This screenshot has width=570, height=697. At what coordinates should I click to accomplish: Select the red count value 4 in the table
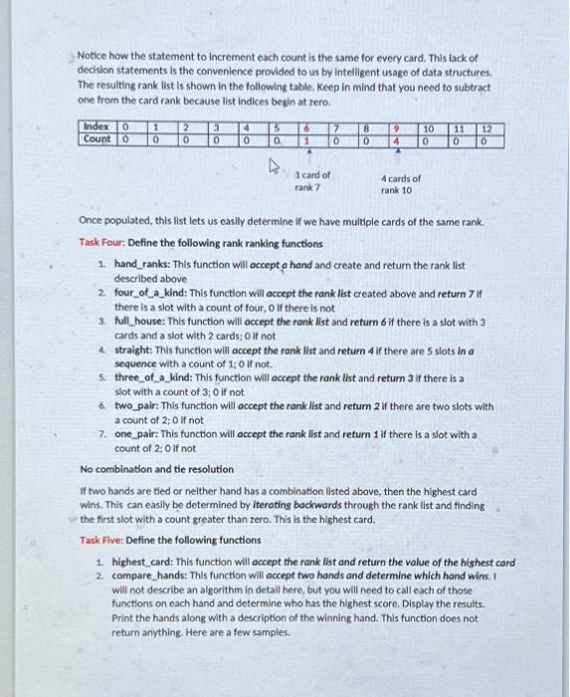(396, 140)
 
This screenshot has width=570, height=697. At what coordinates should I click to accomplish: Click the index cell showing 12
(487, 127)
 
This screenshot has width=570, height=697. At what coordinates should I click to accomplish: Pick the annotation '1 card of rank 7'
(312, 180)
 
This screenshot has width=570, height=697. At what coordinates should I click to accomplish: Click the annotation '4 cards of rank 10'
(401, 184)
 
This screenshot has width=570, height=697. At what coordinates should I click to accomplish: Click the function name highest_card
(146, 561)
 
